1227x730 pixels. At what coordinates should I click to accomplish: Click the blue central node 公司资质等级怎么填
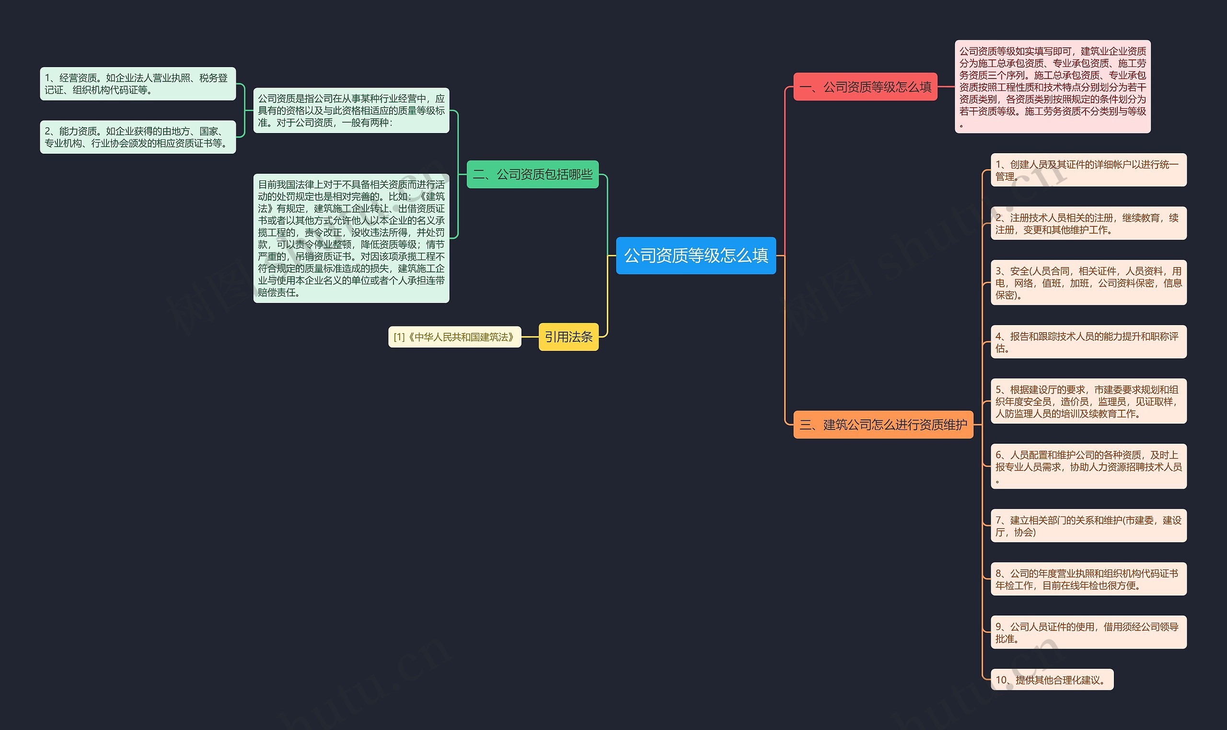click(696, 255)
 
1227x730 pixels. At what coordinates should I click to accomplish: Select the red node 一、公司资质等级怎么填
click(865, 87)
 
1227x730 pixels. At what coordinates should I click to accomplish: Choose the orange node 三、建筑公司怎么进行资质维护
click(883, 425)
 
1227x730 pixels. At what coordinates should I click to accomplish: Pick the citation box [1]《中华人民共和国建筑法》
click(454, 337)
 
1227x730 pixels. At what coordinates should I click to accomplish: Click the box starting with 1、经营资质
click(138, 84)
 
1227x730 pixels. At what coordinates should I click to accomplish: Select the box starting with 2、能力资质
click(138, 137)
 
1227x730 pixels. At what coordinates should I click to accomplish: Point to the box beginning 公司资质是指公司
click(351, 111)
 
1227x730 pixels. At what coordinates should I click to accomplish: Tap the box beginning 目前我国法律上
click(351, 238)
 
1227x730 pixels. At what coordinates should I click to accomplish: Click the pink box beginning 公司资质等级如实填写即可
click(1052, 87)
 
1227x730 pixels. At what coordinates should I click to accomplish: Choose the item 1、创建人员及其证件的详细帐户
click(1088, 170)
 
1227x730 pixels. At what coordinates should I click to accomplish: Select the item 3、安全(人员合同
click(1088, 282)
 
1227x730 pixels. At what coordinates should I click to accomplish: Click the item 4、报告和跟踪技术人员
click(1088, 342)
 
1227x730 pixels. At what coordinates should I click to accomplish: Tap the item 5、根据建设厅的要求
click(1088, 401)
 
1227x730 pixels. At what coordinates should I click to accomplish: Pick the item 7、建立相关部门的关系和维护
click(1088, 526)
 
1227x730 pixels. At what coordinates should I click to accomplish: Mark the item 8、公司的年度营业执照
click(1088, 579)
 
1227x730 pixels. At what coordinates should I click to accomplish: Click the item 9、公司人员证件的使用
click(1088, 632)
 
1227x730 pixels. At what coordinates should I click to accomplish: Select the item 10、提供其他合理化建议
click(1052, 679)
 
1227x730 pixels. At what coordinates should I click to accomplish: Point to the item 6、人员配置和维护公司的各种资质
click(1088, 466)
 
